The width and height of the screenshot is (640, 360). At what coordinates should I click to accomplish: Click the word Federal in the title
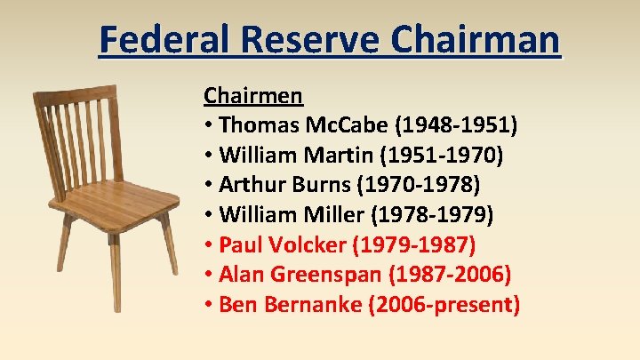[159, 40]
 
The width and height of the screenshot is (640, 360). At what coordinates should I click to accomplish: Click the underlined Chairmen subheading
[253, 95]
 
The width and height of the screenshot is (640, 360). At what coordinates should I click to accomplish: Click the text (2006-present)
[448, 305]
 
